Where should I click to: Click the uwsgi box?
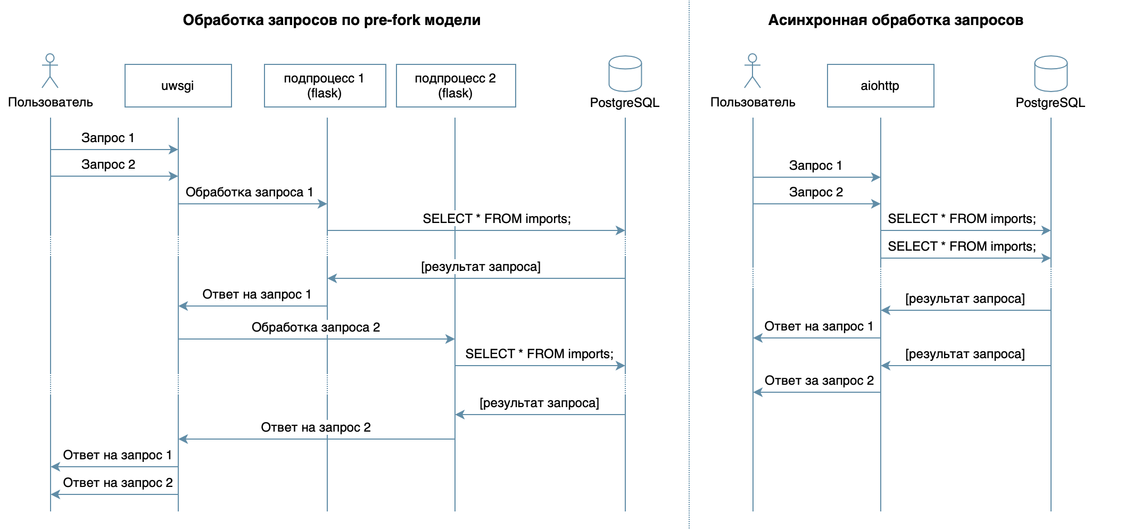tap(178, 86)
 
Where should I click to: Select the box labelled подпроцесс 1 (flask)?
tap(325, 86)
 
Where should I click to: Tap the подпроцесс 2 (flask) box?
tap(456, 86)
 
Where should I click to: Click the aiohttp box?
tap(880, 86)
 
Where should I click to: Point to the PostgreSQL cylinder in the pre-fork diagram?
tap(625, 74)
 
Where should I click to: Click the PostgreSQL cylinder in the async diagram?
tap(1050, 74)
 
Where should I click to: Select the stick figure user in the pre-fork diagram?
tap(50, 71)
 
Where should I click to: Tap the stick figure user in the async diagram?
tap(752, 71)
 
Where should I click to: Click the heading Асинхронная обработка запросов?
tap(895, 20)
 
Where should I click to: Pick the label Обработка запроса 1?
tap(249, 192)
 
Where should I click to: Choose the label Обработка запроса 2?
tap(316, 327)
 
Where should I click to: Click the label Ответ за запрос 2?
tap(819, 381)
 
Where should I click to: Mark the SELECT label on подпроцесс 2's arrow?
tap(539, 354)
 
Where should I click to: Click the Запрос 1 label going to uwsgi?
tap(107, 138)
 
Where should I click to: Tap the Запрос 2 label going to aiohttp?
tap(816, 192)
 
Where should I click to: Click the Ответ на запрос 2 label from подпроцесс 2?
tap(316, 427)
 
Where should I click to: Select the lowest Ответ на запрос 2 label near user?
tap(118, 483)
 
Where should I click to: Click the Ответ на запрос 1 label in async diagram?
tap(818, 326)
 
